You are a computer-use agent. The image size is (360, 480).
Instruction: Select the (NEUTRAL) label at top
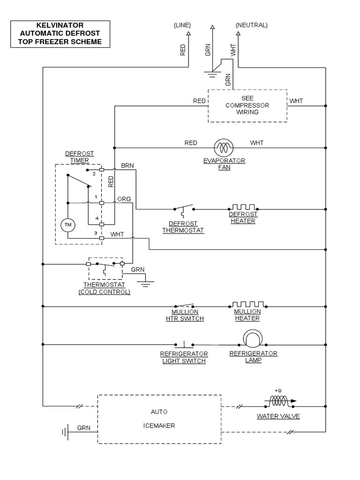(252, 25)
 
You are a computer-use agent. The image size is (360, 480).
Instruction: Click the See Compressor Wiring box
(247, 105)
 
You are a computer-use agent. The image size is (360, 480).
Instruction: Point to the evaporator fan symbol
(224, 148)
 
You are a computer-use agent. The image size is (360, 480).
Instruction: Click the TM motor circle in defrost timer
(68, 225)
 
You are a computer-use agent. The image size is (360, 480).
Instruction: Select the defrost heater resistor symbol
(243, 207)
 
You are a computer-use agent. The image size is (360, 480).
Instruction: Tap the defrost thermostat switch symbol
(183, 208)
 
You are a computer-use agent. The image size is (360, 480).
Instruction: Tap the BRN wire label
(127, 165)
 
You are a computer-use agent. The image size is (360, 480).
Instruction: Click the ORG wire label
(124, 199)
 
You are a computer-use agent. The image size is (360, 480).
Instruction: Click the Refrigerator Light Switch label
(184, 357)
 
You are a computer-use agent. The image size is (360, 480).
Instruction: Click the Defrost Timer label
(79, 157)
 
